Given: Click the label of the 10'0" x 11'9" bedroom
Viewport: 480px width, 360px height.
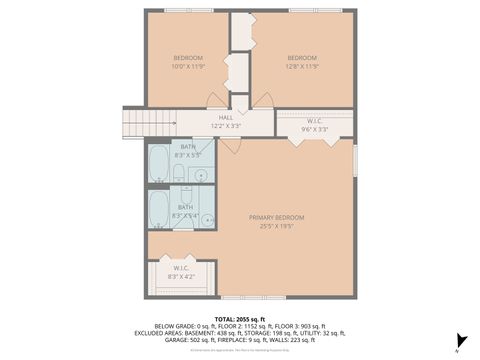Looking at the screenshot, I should point(187,62).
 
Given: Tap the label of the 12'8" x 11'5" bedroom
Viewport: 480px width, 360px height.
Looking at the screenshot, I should point(302,62).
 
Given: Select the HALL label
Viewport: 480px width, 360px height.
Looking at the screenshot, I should point(226,122).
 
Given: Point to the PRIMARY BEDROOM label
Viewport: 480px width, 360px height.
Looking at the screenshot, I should point(277,221).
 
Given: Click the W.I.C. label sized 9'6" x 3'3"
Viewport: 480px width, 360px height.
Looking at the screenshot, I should point(314,126).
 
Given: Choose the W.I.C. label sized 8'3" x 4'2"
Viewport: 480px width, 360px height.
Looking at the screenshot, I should point(181,271).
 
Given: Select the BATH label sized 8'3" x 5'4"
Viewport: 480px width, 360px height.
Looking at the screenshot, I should point(187,211).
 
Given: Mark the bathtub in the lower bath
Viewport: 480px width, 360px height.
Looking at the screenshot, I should point(160,209).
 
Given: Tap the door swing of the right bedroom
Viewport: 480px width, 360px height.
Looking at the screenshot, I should point(263,100).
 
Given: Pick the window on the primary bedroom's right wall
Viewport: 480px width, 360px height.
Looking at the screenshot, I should point(355,160).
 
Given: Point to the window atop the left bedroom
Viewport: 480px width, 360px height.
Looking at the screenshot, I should point(187,11).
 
